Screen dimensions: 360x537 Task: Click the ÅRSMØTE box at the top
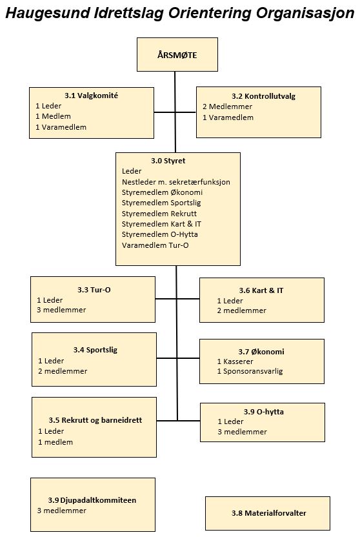coord(177,54)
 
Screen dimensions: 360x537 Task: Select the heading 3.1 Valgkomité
coord(92,96)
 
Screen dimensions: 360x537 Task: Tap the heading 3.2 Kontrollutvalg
coord(263,96)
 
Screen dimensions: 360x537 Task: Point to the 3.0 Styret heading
coord(168,161)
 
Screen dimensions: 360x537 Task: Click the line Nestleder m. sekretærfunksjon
coord(176,182)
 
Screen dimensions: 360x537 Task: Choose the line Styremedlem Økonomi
coord(162,192)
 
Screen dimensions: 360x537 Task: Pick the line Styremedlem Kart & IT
coord(161,224)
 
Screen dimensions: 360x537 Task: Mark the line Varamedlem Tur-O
coord(155,245)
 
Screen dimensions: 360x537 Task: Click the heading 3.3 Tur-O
coord(94,290)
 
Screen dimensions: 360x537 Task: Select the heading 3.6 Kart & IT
coord(261,290)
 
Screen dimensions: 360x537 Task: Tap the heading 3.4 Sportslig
coord(95,350)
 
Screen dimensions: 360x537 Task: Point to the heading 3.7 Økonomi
coord(261,352)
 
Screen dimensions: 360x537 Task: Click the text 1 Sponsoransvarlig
coord(250,371)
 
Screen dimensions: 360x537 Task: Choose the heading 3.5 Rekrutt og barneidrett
coord(95,420)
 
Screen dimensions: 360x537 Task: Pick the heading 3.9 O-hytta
coord(263,412)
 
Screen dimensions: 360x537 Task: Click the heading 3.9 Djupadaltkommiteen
coord(92,500)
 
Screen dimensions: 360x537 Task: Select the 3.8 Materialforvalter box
coord(268,513)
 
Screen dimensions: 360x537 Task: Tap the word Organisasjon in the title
coord(305,14)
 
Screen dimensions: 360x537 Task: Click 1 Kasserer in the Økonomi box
coord(235,361)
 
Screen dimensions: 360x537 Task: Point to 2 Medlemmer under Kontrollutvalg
coord(227,106)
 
